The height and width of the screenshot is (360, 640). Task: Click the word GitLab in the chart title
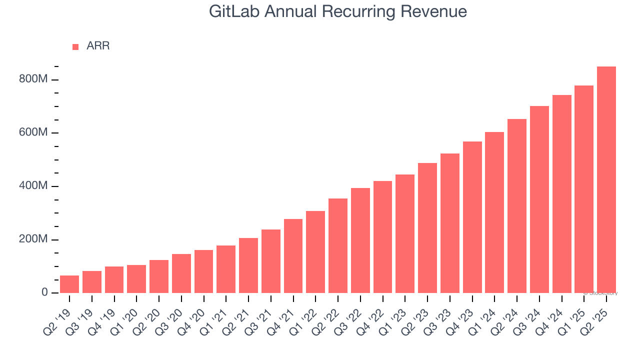click(234, 11)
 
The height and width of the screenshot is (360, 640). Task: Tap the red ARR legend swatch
click(75, 47)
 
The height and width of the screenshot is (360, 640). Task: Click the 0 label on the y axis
click(44, 292)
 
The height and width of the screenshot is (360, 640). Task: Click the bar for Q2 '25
click(606, 180)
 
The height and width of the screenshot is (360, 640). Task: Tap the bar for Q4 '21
click(293, 256)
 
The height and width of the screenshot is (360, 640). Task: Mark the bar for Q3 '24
click(539, 199)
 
